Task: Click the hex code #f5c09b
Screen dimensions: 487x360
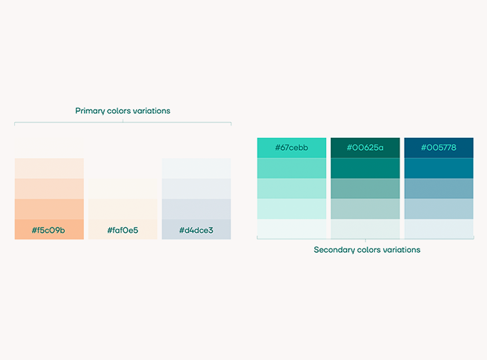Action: click(49, 230)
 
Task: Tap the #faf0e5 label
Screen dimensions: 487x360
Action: click(123, 230)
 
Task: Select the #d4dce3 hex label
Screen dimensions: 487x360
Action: click(196, 230)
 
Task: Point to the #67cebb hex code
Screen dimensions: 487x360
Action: click(292, 148)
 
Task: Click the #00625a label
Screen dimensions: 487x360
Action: click(366, 148)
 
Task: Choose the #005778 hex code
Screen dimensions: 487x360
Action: click(438, 148)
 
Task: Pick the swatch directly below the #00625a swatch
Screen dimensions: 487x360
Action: click(366, 168)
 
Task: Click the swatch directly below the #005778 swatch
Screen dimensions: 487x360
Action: click(439, 168)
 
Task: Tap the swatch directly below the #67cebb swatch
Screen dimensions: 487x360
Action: click(292, 168)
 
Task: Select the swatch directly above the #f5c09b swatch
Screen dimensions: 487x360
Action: click(49, 209)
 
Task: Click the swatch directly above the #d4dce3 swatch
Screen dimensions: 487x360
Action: click(196, 209)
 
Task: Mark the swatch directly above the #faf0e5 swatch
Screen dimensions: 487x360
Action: click(123, 209)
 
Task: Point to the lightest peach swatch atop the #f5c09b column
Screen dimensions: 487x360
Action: click(49, 169)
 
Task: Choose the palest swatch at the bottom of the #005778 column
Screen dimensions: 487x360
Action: click(439, 229)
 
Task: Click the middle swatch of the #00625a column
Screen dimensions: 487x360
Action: click(366, 189)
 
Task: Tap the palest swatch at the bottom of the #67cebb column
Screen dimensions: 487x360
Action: click(292, 229)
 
